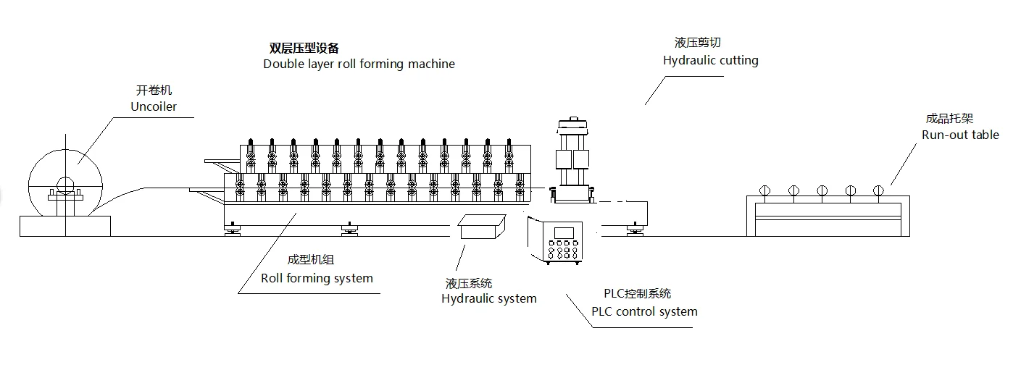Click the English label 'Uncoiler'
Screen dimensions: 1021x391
[154, 106]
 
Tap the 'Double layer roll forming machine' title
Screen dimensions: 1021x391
[359, 64]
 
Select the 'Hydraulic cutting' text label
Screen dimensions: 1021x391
[711, 61]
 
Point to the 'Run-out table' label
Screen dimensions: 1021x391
[960, 135]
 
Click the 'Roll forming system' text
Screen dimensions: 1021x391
[317, 279]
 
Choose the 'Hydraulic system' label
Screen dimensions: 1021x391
[488, 299]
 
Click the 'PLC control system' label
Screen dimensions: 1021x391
[644, 311]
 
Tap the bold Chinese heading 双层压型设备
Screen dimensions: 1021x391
[304, 49]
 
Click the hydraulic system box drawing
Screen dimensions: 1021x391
[482, 227]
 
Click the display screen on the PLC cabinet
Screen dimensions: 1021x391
[564, 233]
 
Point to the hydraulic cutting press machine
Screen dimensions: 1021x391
[572, 160]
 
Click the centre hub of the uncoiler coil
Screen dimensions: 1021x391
[66, 186]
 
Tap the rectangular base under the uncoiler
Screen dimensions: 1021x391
[65, 226]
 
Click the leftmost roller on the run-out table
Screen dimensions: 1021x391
[764, 190]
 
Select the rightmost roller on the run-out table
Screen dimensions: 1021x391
[878, 190]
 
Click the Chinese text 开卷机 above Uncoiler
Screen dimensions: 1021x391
[154, 91]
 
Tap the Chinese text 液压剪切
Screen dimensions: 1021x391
[697, 43]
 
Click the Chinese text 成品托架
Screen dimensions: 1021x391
[949, 119]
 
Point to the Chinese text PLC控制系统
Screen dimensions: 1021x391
[637, 294]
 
